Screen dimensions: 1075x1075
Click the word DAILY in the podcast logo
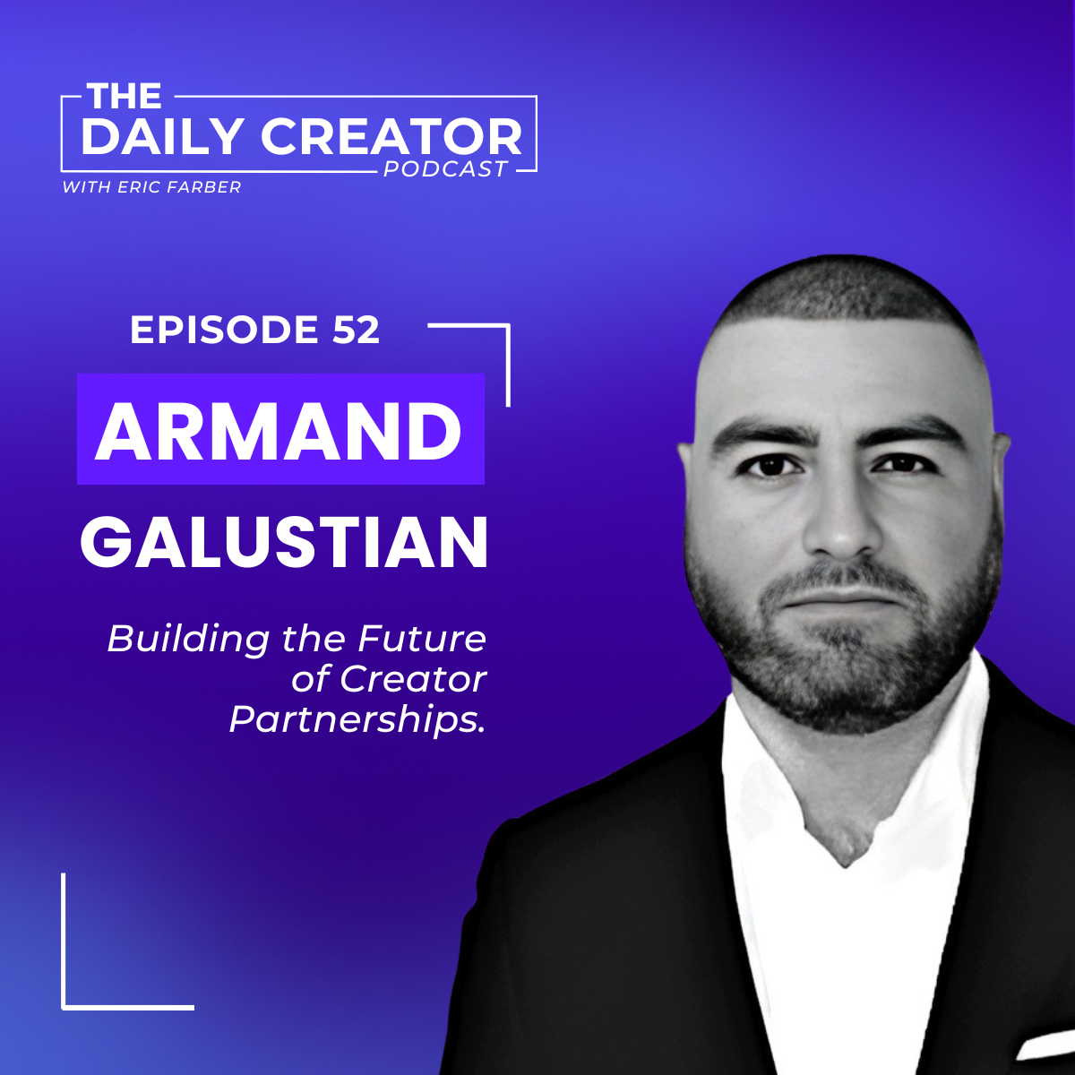[162, 137]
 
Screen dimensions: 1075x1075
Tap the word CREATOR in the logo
[391, 137]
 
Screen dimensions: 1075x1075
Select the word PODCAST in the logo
[445, 168]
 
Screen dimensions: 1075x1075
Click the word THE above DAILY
[124, 96]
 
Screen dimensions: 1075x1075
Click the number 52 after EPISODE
[356, 330]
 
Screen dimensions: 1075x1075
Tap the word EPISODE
[224, 330]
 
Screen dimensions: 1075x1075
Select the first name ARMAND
[279, 431]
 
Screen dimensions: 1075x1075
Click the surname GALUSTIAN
[284, 541]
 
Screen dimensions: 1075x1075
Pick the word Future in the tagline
[422, 639]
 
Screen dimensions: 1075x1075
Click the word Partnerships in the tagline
[357, 720]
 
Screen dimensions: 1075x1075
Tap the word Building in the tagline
[188, 641]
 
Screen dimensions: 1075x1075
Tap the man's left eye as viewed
[771, 465]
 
